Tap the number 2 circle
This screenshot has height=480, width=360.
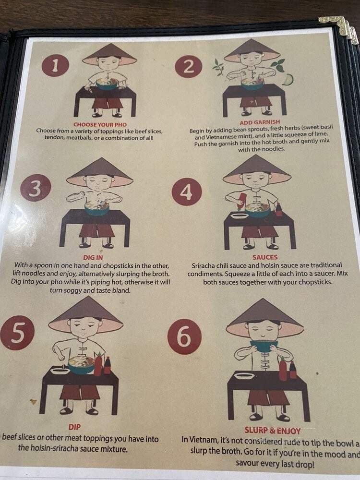click(188, 66)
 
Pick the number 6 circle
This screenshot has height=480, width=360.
click(184, 336)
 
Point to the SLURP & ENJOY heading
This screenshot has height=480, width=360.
click(273, 431)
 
